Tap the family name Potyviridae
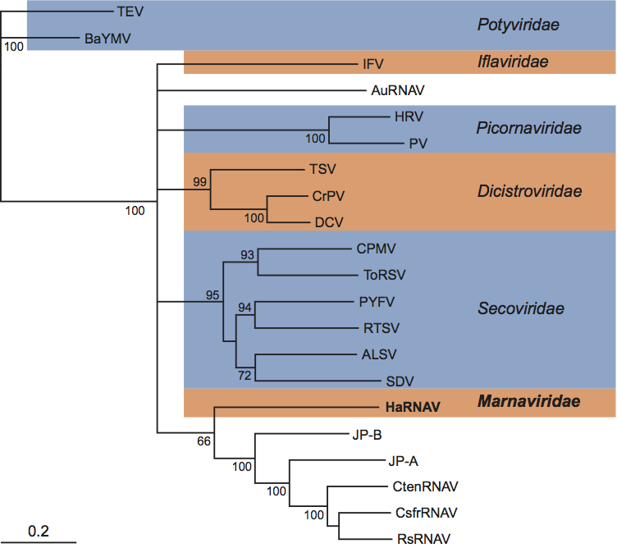point(518,25)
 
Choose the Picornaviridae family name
point(529,128)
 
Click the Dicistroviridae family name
point(529,191)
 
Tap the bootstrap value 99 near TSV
point(199,181)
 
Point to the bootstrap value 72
point(244,375)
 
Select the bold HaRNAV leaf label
point(413,406)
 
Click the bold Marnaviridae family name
point(528,402)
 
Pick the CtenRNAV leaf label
point(425,486)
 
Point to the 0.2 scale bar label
point(39,531)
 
